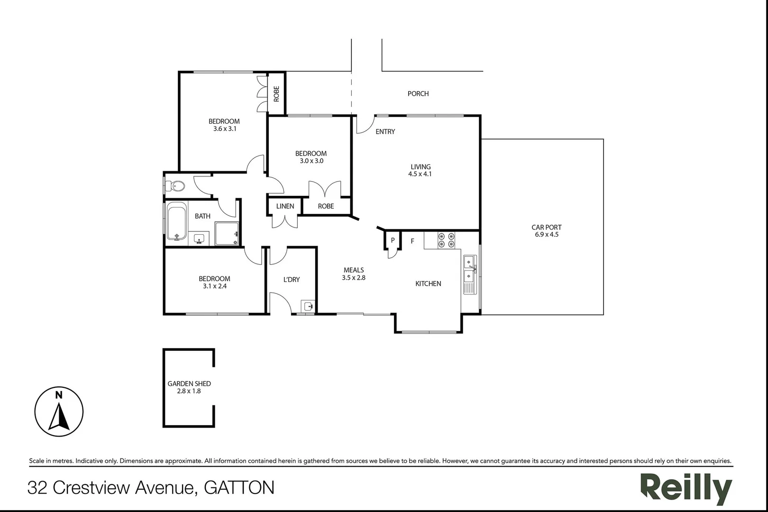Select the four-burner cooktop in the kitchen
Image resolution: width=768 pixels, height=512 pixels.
click(446, 240)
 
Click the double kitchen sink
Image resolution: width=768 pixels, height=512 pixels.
click(469, 268)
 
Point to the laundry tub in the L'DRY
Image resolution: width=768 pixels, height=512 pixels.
click(308, 306)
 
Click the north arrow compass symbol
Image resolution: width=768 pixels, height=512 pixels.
click(59, 411)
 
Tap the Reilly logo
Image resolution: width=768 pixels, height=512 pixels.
click(686, 488)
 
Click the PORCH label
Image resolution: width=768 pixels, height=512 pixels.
click(418, 94)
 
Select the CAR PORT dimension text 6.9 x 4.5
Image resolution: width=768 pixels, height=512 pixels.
click(547, 235)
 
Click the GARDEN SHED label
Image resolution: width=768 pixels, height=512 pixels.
click(189, 384)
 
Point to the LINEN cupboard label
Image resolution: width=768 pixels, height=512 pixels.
click(285, 206)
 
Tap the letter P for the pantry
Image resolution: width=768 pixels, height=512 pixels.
click(393, 240)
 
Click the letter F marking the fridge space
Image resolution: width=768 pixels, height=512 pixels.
click(412, 241)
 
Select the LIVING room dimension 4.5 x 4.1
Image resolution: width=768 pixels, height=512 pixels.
click(420, 174)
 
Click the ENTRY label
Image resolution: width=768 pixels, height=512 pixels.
click(385, 132)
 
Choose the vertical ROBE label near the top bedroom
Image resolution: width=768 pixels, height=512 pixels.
click(276, 93)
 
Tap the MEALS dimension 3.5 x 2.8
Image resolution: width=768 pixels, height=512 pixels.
click(354, 278)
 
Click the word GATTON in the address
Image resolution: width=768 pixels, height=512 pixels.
click(239, 488)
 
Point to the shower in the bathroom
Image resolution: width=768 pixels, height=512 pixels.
click(227, 234)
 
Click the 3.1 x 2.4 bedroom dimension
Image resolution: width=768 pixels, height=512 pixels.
click(214, 286)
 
